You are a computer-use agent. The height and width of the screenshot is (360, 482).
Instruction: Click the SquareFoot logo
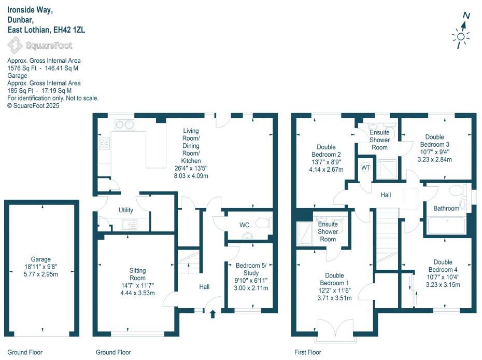(40, 46)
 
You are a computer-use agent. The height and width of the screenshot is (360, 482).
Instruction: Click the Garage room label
(40, 259)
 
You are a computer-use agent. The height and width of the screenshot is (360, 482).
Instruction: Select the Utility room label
(126, 210)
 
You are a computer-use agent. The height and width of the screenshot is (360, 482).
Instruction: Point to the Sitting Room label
(137, 274)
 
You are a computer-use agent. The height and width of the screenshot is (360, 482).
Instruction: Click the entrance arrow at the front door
(212, 313)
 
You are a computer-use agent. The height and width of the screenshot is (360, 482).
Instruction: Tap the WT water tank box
(365, 168)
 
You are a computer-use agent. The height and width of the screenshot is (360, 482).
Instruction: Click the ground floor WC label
(245, 225)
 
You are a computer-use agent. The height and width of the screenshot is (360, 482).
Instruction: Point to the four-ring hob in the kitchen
(104, 143)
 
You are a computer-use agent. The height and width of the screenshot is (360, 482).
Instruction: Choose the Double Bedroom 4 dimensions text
(443, 281)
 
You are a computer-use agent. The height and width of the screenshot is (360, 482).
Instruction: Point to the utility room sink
(129, 224)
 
